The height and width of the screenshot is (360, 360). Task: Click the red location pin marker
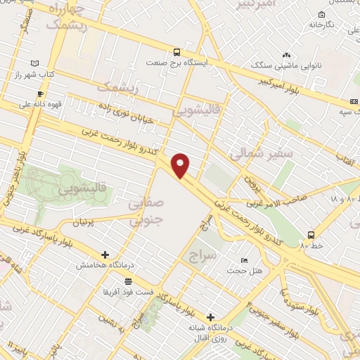tap(181, 166)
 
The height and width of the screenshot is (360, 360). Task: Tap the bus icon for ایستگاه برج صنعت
tap(176, 51)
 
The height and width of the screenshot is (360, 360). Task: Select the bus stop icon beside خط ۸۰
tap(311, 235)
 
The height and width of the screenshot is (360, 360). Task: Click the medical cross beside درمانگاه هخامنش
tap(105, 255)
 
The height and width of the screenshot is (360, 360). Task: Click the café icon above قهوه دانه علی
tap(41, 94)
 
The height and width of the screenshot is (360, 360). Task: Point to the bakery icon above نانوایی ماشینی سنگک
tap(286, 54)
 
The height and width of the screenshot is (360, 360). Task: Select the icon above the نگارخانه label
tap(321, 14)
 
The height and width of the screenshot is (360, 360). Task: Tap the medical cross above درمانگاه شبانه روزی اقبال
tap(210, 317)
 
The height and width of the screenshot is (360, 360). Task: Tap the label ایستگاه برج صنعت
tap(176, 63)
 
